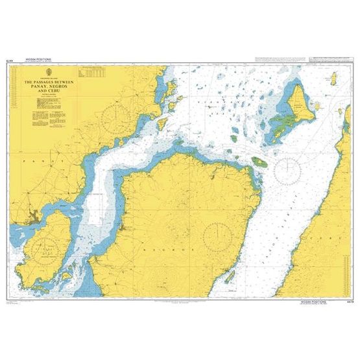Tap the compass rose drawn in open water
click(287, 170)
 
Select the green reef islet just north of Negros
click(258, 161)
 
